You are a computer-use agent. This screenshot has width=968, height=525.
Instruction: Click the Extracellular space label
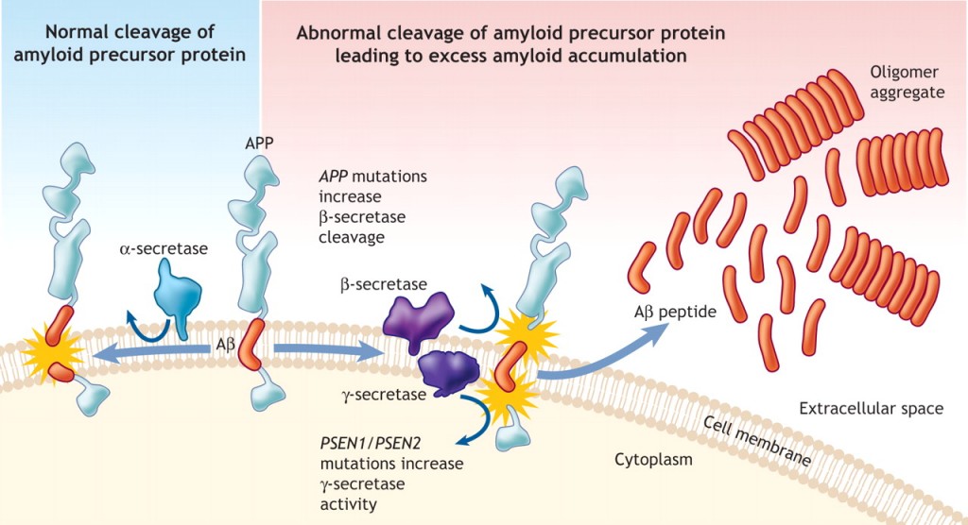pos(871,409)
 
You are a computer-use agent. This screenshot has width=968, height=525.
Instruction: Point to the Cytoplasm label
pos(653,460)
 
